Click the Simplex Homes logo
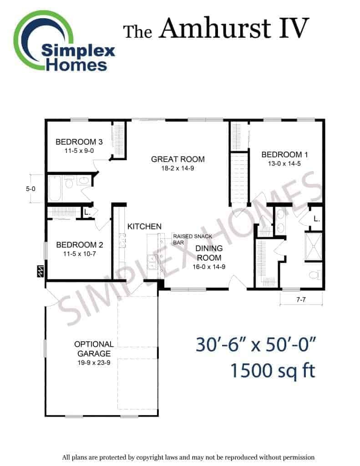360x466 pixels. [64, 41]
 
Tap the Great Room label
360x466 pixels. [178, 159]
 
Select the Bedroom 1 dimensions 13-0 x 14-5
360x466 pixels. [284, 163]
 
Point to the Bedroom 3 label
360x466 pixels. [79, 142]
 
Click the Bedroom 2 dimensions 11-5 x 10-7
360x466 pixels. [79, 254]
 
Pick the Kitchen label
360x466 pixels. [144, 227]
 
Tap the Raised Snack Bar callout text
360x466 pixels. [193, 239]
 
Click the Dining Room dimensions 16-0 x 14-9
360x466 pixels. [209, 267]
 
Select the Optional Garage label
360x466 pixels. [94, 349]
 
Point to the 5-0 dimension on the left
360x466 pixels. [30, 189]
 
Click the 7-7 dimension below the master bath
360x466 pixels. [301, 299]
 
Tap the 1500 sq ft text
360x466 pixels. [273, 370]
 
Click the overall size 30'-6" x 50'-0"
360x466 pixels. [256, 345]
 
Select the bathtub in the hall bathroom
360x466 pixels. [55, 188]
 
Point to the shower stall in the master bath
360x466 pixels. [314, 246]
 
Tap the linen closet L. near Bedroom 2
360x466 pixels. [87, 213]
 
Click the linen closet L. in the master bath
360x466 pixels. [317, 219]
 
